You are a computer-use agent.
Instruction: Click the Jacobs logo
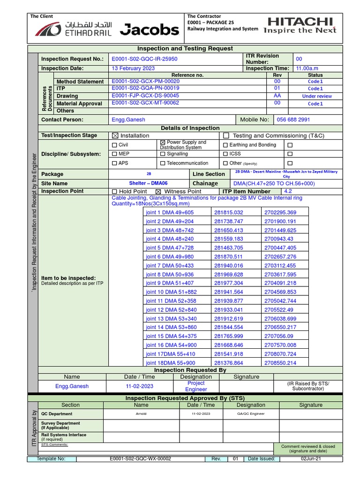pos(150,30)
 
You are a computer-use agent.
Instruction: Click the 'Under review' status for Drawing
pos(316,96)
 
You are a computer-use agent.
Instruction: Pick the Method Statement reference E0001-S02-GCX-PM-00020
pos(145,82)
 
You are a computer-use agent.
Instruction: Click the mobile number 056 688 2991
pos(293,120)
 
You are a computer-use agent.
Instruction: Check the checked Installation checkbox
pos(115,135)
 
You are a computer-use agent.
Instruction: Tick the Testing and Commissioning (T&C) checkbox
pos(226,135)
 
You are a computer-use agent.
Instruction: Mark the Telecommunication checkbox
pos(162,163)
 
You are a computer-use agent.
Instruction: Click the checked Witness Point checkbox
pos(158,191)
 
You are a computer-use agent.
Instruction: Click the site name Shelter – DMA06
pos(148,183)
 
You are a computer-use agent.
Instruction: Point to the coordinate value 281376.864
pos(229,363)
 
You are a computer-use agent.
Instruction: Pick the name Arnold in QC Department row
pos(141,414)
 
